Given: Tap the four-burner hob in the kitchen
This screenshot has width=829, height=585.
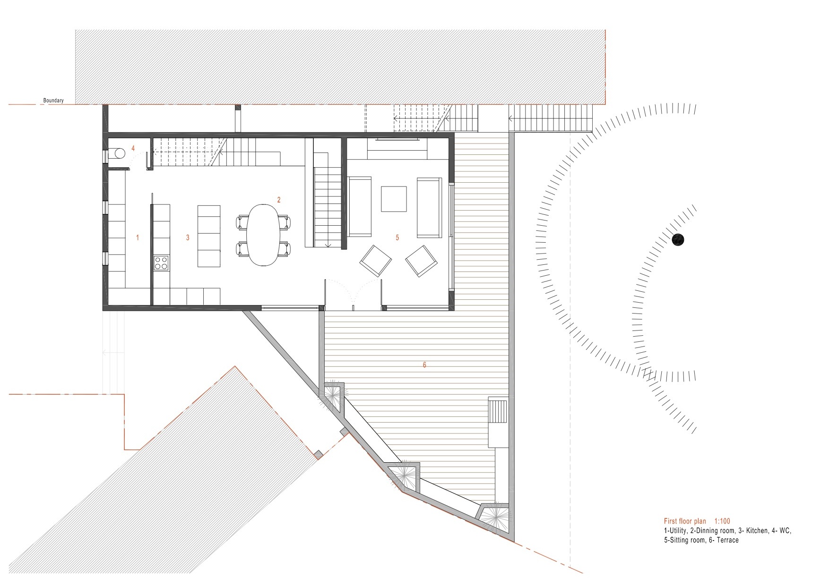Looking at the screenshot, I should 161,263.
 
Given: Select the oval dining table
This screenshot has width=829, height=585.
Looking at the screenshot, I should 263,235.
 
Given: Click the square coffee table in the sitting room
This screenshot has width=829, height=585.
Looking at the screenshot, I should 394,199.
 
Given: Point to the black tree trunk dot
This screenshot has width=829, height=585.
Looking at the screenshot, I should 678,239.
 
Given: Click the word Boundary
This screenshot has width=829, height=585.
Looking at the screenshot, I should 53,101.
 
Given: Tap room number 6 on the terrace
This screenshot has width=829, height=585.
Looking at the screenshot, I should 424,365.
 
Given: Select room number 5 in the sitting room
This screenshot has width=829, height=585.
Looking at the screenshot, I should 397,237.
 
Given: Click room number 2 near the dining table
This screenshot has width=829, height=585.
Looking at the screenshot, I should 279,200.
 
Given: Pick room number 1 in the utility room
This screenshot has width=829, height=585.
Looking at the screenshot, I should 138,237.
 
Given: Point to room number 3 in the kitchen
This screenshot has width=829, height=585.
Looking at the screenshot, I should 188,237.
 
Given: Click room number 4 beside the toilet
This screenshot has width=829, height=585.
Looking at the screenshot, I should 133,148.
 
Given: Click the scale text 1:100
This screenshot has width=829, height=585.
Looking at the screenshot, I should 722,521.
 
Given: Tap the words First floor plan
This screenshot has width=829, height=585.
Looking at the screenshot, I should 685,521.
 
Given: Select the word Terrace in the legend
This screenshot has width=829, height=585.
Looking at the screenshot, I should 727,540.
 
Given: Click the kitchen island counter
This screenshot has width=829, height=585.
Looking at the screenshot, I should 208,236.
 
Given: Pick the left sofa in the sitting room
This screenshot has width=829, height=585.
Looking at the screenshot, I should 360,206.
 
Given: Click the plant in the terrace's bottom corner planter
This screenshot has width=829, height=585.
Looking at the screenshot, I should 496,517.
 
